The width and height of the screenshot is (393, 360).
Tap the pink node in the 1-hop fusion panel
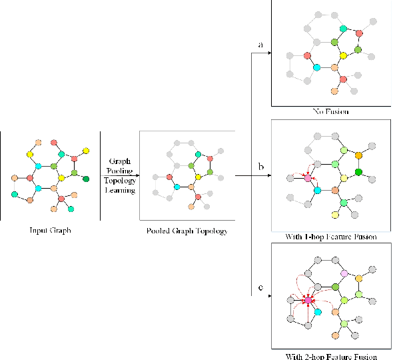(307, 179)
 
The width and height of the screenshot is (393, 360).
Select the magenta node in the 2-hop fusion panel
(308, 301)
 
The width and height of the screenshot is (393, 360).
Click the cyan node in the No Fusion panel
(316, 67)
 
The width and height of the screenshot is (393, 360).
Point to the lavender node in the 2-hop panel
(344, 274)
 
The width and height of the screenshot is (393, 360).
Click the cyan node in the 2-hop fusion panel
(318, 312)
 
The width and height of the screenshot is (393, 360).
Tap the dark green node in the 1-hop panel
(359, 173)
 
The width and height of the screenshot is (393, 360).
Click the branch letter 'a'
(260, 45)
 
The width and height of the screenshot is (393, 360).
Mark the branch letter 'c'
(260, 289)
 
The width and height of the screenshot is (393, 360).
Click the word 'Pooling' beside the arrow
(121, 171)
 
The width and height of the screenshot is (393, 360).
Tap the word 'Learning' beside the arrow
(121, 190)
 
